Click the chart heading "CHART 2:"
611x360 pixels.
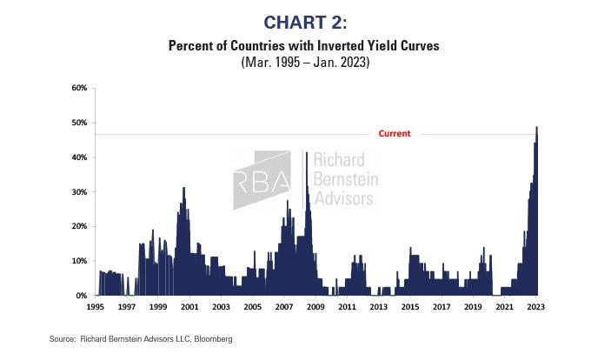pyautogui.click(x=304, y=22)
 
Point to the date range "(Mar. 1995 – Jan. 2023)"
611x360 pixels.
pyautogui.click(x=304, y=63)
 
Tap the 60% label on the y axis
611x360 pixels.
pyautogui.click(x=79, y=89)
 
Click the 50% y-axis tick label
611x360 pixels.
pyautogui.click(x=79, y=123)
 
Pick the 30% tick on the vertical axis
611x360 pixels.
pyautogui.click(x=79, y=192)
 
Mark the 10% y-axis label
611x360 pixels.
pyautogui.click(x=79, y=261)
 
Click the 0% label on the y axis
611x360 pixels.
pyautogui.click(x=81, y=296)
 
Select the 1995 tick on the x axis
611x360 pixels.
pyautogui.click(x=96, y=307)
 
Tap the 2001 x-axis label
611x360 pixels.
pyautogui.click(x=189, y=307)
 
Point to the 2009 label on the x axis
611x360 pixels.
pyautogui.click(x=315, y=307)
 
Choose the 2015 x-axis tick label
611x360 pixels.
pyautogui.click(x=410, y=307)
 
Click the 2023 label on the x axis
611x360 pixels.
pyautogui.click(x=536, y=307)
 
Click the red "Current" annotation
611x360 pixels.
pyautogui.click(x=394, y=134)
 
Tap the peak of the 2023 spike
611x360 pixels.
pyautogui.click(x=536, y=128)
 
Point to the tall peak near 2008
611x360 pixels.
pyautogui.click(x=307, y=154)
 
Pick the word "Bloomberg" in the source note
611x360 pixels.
pyautogui.click(x=216, y=338)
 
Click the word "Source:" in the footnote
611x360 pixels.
pyautogui.click(x=63, y=338)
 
